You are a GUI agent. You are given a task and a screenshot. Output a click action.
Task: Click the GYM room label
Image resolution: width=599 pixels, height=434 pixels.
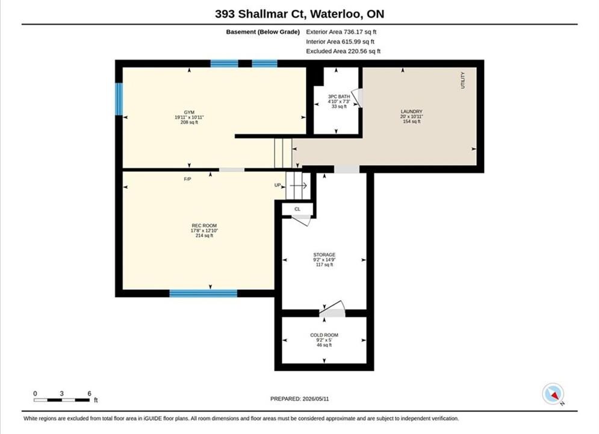(189, 113)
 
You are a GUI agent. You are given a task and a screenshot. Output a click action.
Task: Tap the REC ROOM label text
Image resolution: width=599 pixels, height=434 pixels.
(204, 225)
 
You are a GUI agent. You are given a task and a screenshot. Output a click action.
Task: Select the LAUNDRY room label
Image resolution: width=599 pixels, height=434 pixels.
(411, 112)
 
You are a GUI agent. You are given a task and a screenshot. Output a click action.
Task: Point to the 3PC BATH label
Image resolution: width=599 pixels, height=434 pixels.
(339, 96)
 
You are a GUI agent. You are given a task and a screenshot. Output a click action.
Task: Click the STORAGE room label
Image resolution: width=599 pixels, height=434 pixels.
(324, 254)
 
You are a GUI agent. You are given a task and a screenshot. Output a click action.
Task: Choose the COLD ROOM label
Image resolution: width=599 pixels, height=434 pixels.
(324, 335)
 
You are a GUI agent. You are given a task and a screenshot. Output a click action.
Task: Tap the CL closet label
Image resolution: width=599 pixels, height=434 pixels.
(297, 209)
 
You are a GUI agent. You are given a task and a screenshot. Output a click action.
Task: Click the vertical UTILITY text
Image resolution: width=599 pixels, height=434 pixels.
(463, 80)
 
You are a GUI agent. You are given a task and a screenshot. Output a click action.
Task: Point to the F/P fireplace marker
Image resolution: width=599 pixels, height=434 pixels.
(187, 179)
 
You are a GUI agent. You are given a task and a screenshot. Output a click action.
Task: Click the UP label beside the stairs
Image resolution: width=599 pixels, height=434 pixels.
(278, 185)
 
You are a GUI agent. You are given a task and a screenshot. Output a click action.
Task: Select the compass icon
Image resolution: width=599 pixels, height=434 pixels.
(553, 394)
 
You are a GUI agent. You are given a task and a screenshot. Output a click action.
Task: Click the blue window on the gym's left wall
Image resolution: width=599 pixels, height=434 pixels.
(119, 99)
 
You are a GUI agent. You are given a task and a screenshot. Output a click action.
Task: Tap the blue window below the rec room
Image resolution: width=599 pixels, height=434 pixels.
(203, 294)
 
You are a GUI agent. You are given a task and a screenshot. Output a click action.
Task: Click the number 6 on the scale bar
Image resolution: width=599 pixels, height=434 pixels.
(89, 394)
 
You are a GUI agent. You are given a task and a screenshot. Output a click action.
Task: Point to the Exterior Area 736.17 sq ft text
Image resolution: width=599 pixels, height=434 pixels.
(341, 32)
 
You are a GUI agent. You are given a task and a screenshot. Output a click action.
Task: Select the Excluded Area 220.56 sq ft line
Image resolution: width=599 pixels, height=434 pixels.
(343, 51)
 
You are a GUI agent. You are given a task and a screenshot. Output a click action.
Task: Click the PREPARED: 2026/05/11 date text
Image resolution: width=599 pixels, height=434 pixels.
(300, 399)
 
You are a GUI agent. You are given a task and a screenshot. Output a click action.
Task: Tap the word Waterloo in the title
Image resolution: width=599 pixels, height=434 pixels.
(336, 14)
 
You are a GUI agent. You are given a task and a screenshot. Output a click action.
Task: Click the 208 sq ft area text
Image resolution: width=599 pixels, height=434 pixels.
(189, 122)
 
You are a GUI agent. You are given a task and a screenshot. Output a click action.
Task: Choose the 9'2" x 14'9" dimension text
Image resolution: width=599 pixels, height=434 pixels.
(324, 260)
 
